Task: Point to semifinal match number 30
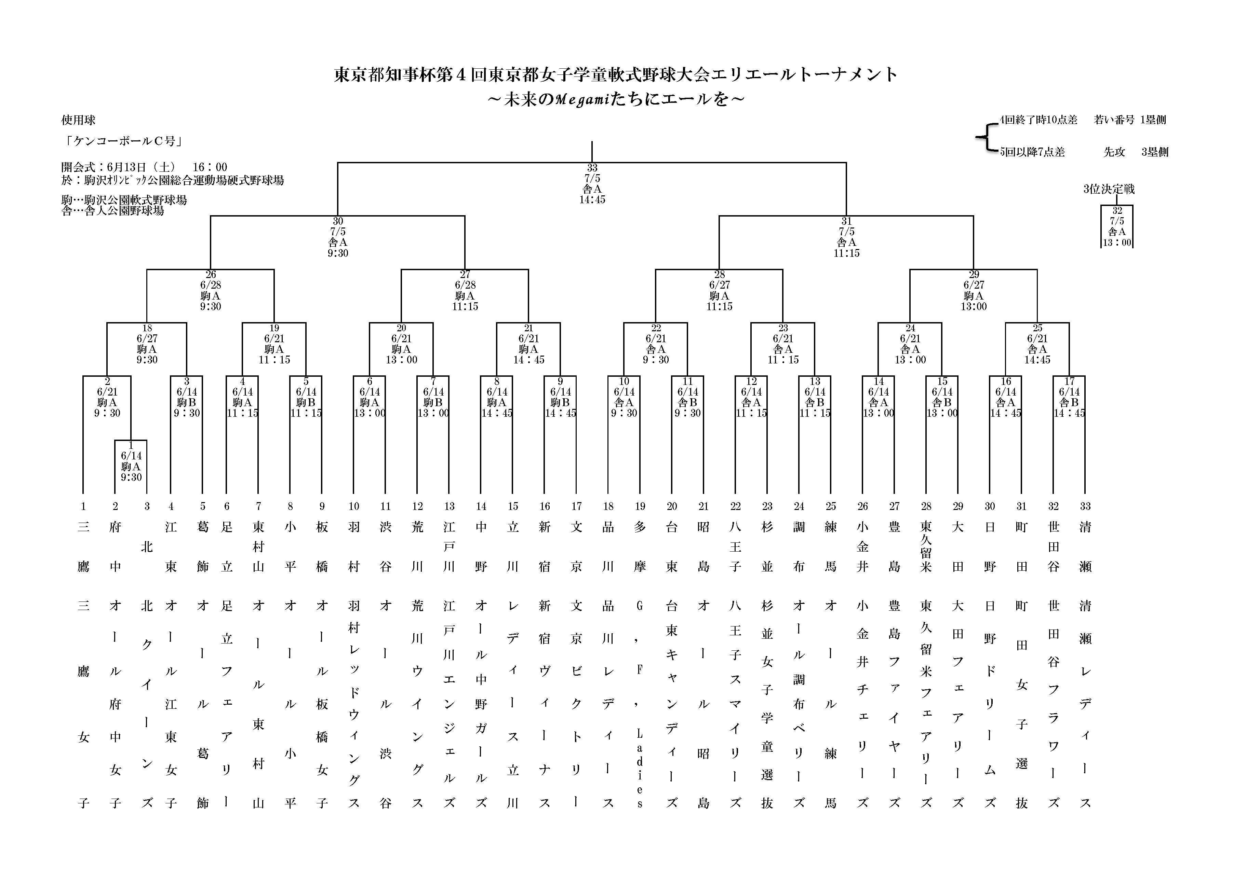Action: (x=338, y=221)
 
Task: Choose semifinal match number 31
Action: (x=846, y=221)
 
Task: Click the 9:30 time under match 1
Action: (x=131, y=477)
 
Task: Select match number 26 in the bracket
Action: (x=211, y=274)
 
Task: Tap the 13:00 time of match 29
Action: (x=974, y=306)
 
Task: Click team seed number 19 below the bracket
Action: (x=640, y=506)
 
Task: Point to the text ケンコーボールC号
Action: (x=123, y=141)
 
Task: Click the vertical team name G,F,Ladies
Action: (x=640, y=703)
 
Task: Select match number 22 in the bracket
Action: (x=656, y=328)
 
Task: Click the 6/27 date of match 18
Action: (x=147, y=338)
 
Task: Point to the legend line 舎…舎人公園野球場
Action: (x=113, y=211)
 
